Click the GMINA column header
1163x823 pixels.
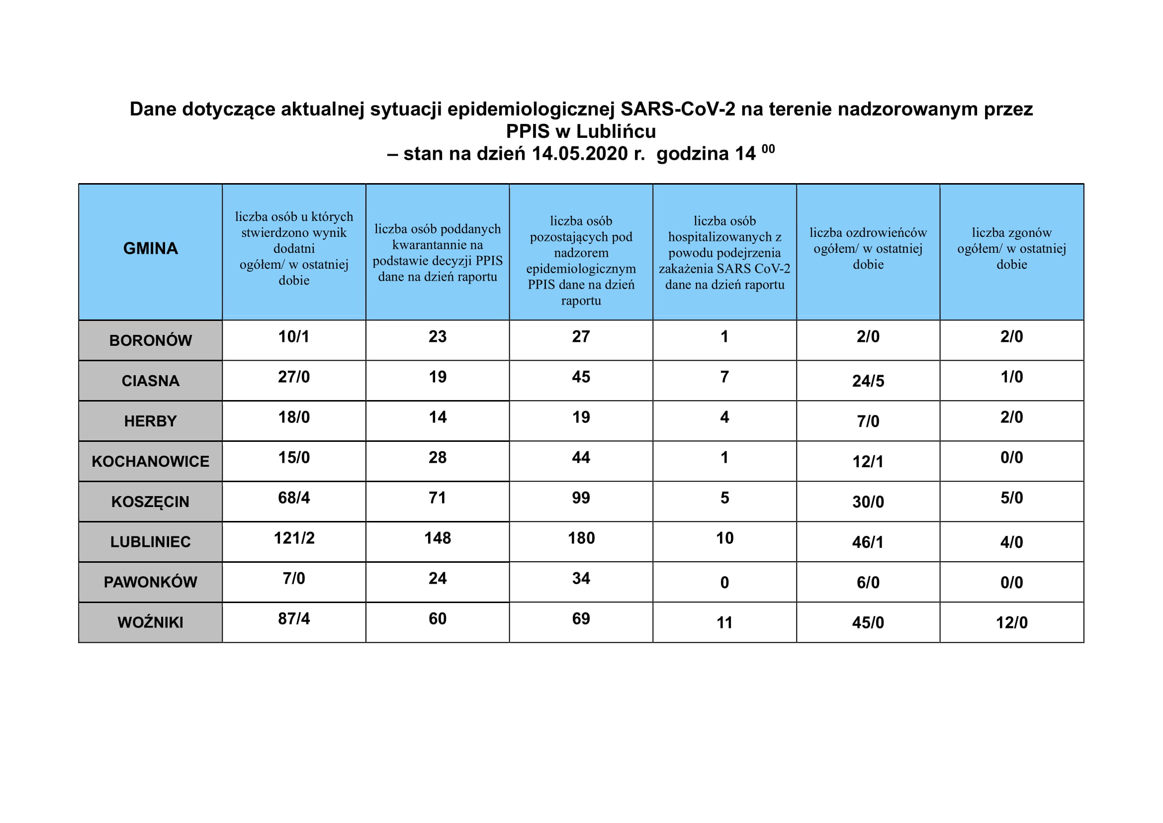pos(151,248)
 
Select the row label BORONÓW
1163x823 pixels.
pos(151,340)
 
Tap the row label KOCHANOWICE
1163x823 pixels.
pos(151,461)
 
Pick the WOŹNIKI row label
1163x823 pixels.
pos(151,622)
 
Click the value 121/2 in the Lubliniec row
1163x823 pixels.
pos(294,538)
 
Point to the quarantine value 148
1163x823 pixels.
pos(438,538)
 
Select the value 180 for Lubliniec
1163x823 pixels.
pos(581,538)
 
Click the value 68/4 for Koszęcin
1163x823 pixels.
pos(294,498)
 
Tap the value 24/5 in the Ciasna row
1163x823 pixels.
pos(868,381)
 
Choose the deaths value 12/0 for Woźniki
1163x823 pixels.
pos(1011,622)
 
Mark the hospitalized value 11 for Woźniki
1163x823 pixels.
pos(724,622)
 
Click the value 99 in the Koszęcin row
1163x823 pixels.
pos(581,498)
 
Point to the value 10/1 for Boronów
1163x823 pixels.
pos(294,336)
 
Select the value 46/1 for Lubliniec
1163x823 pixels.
pos(868,542)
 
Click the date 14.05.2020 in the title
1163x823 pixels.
pos(579,154)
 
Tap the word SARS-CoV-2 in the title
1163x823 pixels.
pos(678,109)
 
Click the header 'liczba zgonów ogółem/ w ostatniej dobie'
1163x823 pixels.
pos(1011,248)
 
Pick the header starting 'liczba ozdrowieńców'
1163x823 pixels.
pos(868,248)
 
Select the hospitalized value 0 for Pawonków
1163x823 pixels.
pos(724,582)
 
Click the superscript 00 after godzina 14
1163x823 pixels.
pos(768,149)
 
